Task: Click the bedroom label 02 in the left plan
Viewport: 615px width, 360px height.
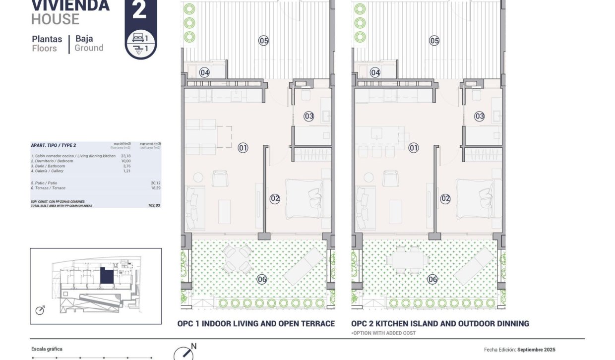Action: [275, 199]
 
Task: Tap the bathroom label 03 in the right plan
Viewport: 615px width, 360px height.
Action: [479, 117]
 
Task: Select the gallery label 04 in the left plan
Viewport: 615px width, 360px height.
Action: [204, 73]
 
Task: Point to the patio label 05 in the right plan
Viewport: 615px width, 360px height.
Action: [434, 41]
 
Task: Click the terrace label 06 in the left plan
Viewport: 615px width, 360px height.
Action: [262, 280]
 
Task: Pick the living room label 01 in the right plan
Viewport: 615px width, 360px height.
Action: [413, 147]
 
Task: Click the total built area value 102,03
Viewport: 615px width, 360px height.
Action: [154, 205]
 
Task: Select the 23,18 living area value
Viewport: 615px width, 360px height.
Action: [125, 156]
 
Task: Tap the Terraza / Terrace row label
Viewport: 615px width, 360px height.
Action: [48, 188]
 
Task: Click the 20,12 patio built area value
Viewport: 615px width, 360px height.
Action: [156, 183]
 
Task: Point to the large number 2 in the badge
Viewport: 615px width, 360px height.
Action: [140, 11]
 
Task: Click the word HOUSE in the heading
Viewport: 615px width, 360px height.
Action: [55, 19]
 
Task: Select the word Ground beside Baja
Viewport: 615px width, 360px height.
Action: [89, 48]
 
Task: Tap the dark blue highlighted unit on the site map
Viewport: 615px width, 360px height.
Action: [106, 276]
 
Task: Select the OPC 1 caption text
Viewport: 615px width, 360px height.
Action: [256, 324]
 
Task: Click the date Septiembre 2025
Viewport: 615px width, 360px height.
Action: [536, 350]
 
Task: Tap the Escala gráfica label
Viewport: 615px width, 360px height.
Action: [47, 349]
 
